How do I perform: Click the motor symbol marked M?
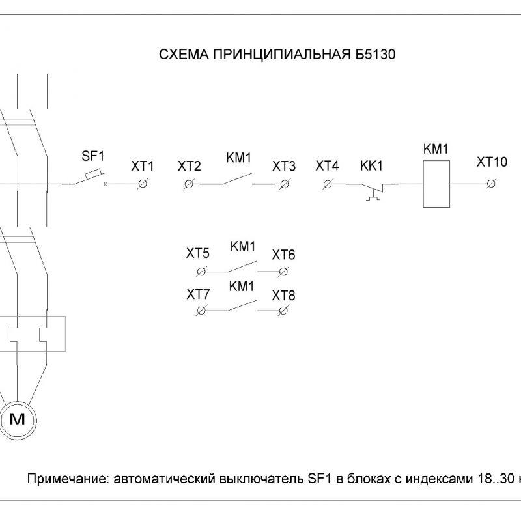[x=18, y=420]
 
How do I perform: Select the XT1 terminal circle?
[x=143, y=184]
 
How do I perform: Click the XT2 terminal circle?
[x=189, y=184]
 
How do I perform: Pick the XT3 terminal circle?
[x=285, y=184]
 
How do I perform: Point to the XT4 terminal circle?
[x=328, y=184]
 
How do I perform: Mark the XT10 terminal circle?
[x=491, y=184]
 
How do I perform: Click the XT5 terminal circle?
[x=201, y=272]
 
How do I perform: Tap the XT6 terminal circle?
[x=283, y=272]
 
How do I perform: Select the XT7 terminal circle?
[x=201, y=311]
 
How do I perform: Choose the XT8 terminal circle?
[x=283, y=311]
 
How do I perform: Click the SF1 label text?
[x=93, y=156]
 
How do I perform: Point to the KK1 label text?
[x=371, y=165]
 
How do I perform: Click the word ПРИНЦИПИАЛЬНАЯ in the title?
[x=282, y=54]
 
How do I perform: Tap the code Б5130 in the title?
[x=375, y=54]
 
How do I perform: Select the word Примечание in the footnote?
[x=68, y=479]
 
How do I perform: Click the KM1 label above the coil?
[x=436, y=149]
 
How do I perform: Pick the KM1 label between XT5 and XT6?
[x=243, y=247]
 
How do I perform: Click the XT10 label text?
[x=492, y=162]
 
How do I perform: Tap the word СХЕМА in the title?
[x=184, y=54]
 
